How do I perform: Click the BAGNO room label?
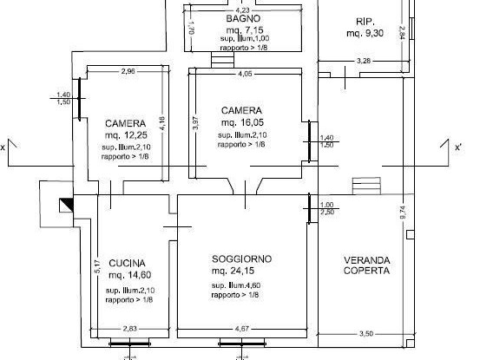click(243, 18)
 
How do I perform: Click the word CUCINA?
click(127, 263)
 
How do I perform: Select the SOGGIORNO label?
click(242, 259)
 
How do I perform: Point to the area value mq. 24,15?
click(233, 271)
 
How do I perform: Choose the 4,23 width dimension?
click(243, 10)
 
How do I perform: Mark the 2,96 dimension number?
click(129, 70)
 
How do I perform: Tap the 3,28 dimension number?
click(365, 61)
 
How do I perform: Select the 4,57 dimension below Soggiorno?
click(243, 329)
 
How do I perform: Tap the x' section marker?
click(457, 147)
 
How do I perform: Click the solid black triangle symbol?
click(66, 206)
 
